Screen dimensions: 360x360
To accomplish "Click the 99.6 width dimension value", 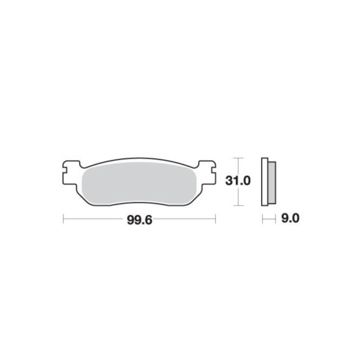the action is tap(139, 220).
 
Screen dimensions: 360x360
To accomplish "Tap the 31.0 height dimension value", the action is tap(238, 181).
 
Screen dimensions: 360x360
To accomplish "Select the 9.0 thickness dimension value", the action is tap(290, 218).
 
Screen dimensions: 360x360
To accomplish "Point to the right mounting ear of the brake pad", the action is tap(207, 173).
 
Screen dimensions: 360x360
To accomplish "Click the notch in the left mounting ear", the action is tap(65, 170).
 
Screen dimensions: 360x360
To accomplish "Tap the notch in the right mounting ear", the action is tap(214, 170).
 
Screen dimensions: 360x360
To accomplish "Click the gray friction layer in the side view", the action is tap(272, 183).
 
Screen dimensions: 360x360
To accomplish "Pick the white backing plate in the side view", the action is tap(265, 182).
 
